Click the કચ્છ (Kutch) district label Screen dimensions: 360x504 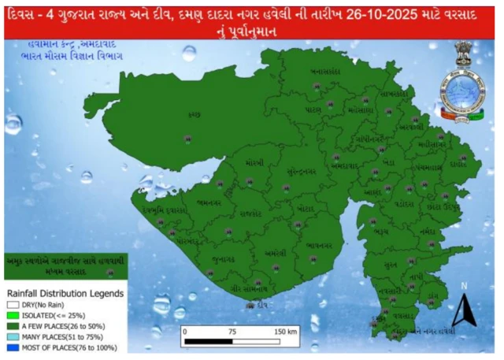[x=194, y=116]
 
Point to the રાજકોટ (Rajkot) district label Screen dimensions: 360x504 [x=251, y=213]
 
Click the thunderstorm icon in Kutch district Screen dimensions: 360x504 [x=187, y=139]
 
